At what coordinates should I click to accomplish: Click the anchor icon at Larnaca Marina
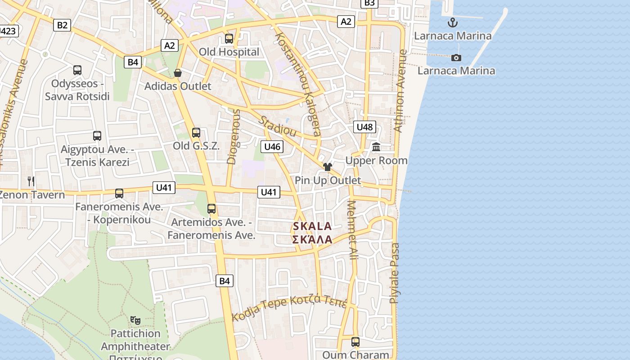pos(452,22)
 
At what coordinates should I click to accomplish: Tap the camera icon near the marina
pos(456,58)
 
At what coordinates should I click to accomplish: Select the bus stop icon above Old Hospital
pos(229,39)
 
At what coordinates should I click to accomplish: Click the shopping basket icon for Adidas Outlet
pos(178,73)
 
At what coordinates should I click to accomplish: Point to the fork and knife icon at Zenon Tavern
pos(31,181)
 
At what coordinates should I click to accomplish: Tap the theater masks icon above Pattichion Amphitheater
pos(135,320)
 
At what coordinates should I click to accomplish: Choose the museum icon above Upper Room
pos(376,147)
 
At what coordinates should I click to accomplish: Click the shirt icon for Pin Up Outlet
pos(327,167)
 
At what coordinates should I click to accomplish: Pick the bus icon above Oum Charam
pos(355,342)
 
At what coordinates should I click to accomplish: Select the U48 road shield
pos(364,127)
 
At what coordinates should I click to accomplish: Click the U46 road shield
pos(272,147)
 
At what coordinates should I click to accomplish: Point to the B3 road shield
pos(369,3)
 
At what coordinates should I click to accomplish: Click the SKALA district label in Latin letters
pos(312,226)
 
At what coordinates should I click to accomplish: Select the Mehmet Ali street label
pos(352,229)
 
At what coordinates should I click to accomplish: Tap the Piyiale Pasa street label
pos(395,273)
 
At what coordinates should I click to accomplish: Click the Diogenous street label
pos(233,136)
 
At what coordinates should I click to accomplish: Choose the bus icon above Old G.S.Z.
pos(196,133)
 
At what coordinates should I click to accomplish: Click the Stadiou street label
pos(278,126)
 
